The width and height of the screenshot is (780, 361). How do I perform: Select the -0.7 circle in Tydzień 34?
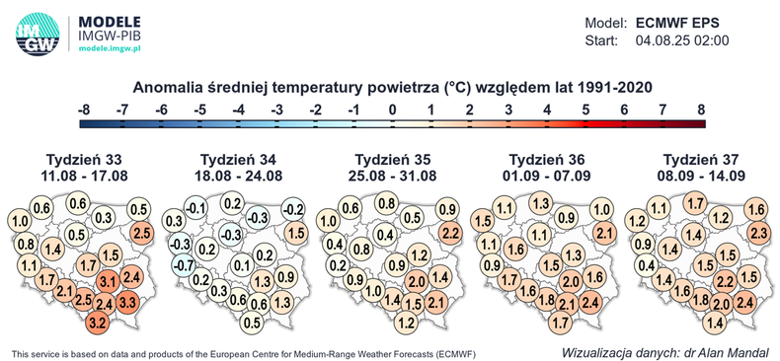click(182, 264)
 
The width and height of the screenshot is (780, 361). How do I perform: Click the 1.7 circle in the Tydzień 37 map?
click(693, 204)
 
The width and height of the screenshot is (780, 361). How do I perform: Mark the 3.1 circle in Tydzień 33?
click(108, 284)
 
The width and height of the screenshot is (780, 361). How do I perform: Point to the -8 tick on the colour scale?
click(85, 109)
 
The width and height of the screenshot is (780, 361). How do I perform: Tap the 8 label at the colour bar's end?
click(701, 109)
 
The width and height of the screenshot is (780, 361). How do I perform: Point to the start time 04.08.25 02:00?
click(681, 41)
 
